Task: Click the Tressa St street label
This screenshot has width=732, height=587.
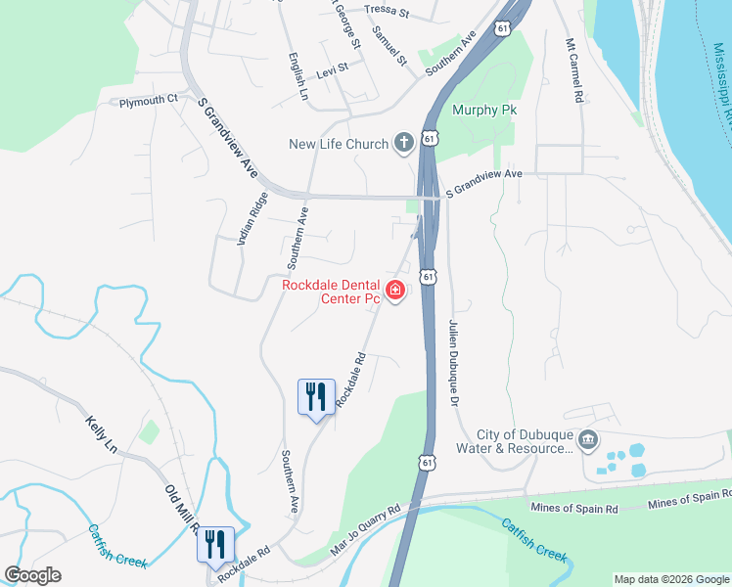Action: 385,12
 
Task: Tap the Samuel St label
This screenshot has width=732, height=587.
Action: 389,44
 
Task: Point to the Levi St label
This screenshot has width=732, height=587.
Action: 332,74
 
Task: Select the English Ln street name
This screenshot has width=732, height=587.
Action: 297,77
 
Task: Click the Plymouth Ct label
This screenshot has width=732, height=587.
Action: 148,100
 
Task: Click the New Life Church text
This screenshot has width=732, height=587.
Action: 339,145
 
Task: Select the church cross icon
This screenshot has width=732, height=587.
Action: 402,144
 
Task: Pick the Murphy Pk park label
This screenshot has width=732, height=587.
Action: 483,110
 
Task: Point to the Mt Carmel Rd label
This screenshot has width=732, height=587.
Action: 574,71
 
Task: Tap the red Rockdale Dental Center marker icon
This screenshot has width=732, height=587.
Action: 395,291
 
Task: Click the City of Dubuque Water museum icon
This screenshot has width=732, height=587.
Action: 587,437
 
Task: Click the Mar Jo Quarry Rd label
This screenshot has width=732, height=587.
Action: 366,530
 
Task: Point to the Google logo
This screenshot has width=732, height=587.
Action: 32,575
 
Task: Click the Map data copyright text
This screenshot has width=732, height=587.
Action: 670,579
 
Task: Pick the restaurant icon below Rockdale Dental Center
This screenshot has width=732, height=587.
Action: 316,396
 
